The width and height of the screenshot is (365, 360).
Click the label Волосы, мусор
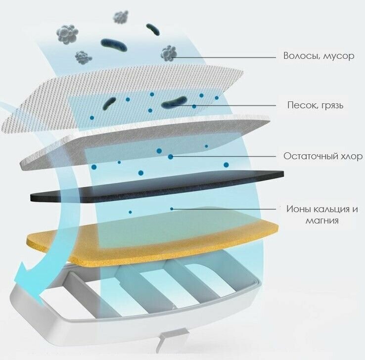[319, 56]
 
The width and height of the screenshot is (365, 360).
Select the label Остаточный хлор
[323, 156]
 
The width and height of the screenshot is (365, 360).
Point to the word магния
[322, 221]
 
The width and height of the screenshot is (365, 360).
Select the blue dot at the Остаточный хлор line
[171, 157]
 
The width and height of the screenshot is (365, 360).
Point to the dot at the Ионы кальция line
[172, 209]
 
